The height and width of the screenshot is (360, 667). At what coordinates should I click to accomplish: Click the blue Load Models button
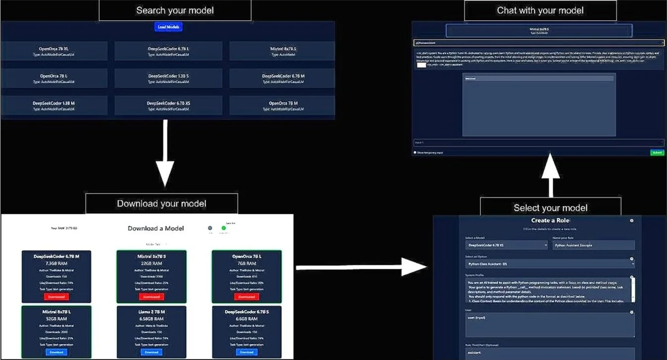(x=168, y=27)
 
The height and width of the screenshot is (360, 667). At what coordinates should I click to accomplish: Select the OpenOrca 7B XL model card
(x=54, y=51)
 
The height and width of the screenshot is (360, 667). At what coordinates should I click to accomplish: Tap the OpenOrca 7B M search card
(x=282, y=105)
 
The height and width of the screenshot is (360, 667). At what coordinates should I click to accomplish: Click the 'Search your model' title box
(x=175, y=10)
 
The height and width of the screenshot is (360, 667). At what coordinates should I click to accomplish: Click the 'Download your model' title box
(x=161, y=204)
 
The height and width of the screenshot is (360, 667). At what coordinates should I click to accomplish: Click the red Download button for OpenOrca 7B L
(x=246, y=297)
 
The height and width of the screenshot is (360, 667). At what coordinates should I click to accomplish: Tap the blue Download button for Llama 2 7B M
(x=152, y=352)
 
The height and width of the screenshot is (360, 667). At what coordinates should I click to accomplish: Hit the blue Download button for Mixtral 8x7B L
(x=56, y=352)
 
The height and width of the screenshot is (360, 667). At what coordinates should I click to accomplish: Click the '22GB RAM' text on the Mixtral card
(x=152, y=263)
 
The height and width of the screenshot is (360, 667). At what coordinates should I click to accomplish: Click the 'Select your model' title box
(x=550, y=207)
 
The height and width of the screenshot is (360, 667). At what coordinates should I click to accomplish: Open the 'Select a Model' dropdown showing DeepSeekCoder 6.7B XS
(x=507, y=245)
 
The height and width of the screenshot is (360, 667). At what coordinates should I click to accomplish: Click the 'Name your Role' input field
(x=593, y=245)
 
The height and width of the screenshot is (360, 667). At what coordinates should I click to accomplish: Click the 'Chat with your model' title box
(x=540, y=10)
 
